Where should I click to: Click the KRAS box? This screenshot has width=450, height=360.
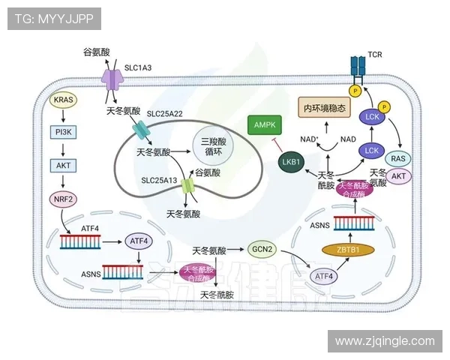[x=62, y=100]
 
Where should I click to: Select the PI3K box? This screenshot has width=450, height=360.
[x=62, y=132]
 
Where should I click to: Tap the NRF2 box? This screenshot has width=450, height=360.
[x=62, y=199]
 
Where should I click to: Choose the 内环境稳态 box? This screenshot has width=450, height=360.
[x=325, y=108]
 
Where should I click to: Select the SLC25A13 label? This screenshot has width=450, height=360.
[x=160, y=181]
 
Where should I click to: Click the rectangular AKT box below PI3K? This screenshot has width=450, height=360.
[x=62, y=166]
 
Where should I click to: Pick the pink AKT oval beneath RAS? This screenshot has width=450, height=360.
[x=400, y=177]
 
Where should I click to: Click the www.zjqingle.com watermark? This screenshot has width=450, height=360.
[x=385, y=340]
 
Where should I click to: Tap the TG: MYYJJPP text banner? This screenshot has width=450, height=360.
[x=54, y=19]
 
